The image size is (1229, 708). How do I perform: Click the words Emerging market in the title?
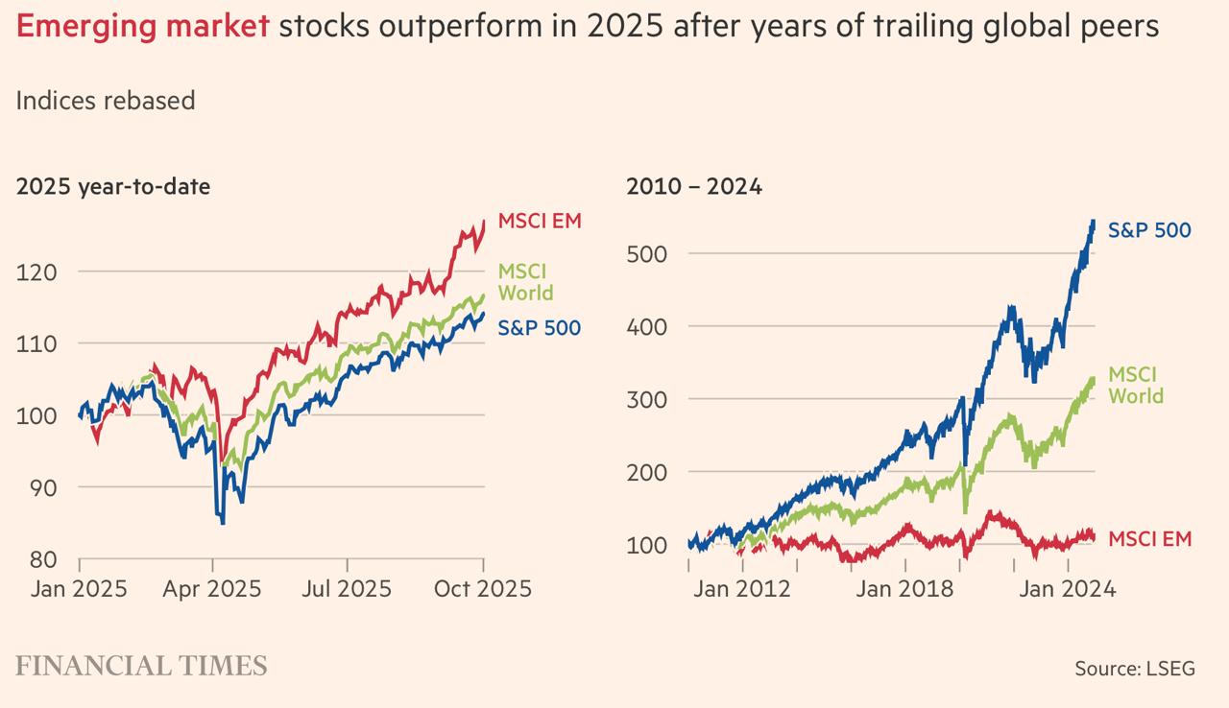point(142,27)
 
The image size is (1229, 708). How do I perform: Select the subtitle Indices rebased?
point(106,101)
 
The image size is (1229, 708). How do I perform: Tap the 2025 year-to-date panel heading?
point(112,187)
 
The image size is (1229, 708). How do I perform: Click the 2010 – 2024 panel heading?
point(694,187)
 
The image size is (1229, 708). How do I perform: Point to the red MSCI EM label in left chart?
point(540,221)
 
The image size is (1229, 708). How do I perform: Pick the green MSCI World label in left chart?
point(525,282)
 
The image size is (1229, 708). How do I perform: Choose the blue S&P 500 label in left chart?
point(539,328)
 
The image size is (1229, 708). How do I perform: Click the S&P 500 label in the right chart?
point(1149,230)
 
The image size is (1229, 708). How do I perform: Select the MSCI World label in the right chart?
point(1135,385)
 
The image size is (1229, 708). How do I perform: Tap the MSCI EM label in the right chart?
point(1149,539)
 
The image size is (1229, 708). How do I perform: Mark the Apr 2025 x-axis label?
point(212,588)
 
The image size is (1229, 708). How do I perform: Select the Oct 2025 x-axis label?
point(482,588)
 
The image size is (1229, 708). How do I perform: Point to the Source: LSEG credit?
point(1134,669)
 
